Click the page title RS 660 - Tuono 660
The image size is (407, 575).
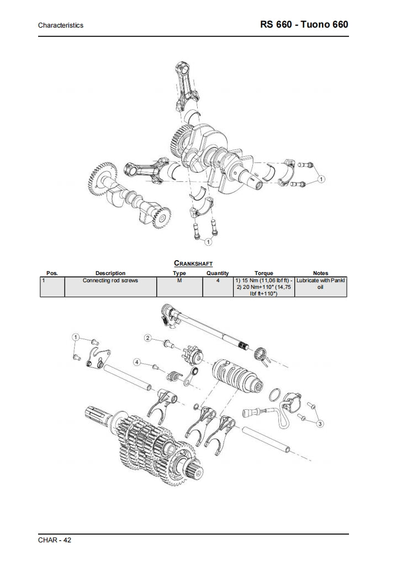304,25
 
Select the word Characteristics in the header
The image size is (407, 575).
61,26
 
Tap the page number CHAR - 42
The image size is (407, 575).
55,540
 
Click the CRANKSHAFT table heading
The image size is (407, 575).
193,264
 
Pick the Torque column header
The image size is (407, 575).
263,273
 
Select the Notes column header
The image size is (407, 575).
320,273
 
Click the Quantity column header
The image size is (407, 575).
218,273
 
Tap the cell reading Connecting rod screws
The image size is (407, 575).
110,281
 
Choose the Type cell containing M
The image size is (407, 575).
179,281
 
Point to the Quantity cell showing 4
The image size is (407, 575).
218,281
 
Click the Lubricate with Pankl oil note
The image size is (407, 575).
320,284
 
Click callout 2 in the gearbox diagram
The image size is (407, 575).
148,337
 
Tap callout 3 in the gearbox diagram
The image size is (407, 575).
320,423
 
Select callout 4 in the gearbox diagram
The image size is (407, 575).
136,362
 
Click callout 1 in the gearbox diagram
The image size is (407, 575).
76,337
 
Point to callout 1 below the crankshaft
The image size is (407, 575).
208,241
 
